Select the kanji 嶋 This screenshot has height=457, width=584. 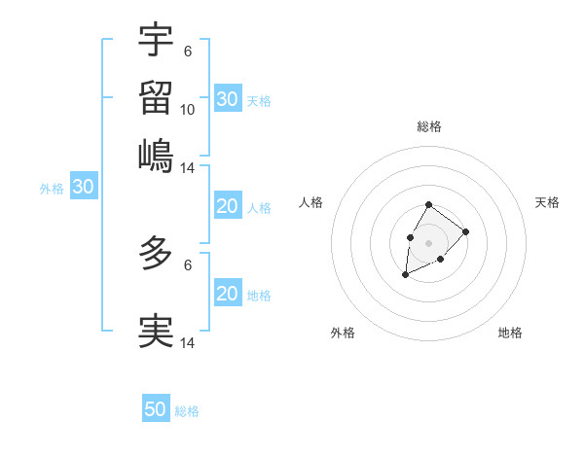click(x=156, y=155)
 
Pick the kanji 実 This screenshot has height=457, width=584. click(x=156, y=331)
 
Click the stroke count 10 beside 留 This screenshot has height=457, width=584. click(x=188, y=110)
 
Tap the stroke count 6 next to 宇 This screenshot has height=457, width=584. click(x=187, y=50)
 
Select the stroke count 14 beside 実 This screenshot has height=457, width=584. click(x=188, y=342)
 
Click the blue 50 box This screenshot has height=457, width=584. click(x=156, y=409)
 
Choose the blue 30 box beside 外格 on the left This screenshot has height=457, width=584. click(x=83, y=188)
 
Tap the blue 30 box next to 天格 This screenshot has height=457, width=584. click(x=228, y=99)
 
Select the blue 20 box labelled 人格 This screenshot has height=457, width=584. click(x=228, y=206)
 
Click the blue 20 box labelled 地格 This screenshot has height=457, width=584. click(x=228, y=294)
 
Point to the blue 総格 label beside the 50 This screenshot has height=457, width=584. click(x=187, y=411)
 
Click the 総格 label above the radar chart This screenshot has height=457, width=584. click(x=428, y=126)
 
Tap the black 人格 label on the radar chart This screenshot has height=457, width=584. click(x=311, y=202)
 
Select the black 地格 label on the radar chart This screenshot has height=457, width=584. click(x=510, y=333)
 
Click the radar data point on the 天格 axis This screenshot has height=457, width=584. click(x=466, y=231)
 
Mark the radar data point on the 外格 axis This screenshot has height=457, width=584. click(x=406, y=275)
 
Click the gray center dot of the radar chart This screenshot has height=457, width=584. click(x=428, y=242)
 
